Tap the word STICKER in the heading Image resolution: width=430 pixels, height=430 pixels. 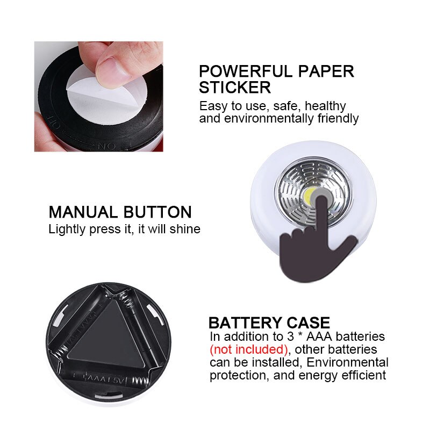coord(234,87)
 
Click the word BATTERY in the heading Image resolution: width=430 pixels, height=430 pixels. coord(243,322)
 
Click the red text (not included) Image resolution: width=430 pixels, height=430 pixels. coord(249,349)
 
